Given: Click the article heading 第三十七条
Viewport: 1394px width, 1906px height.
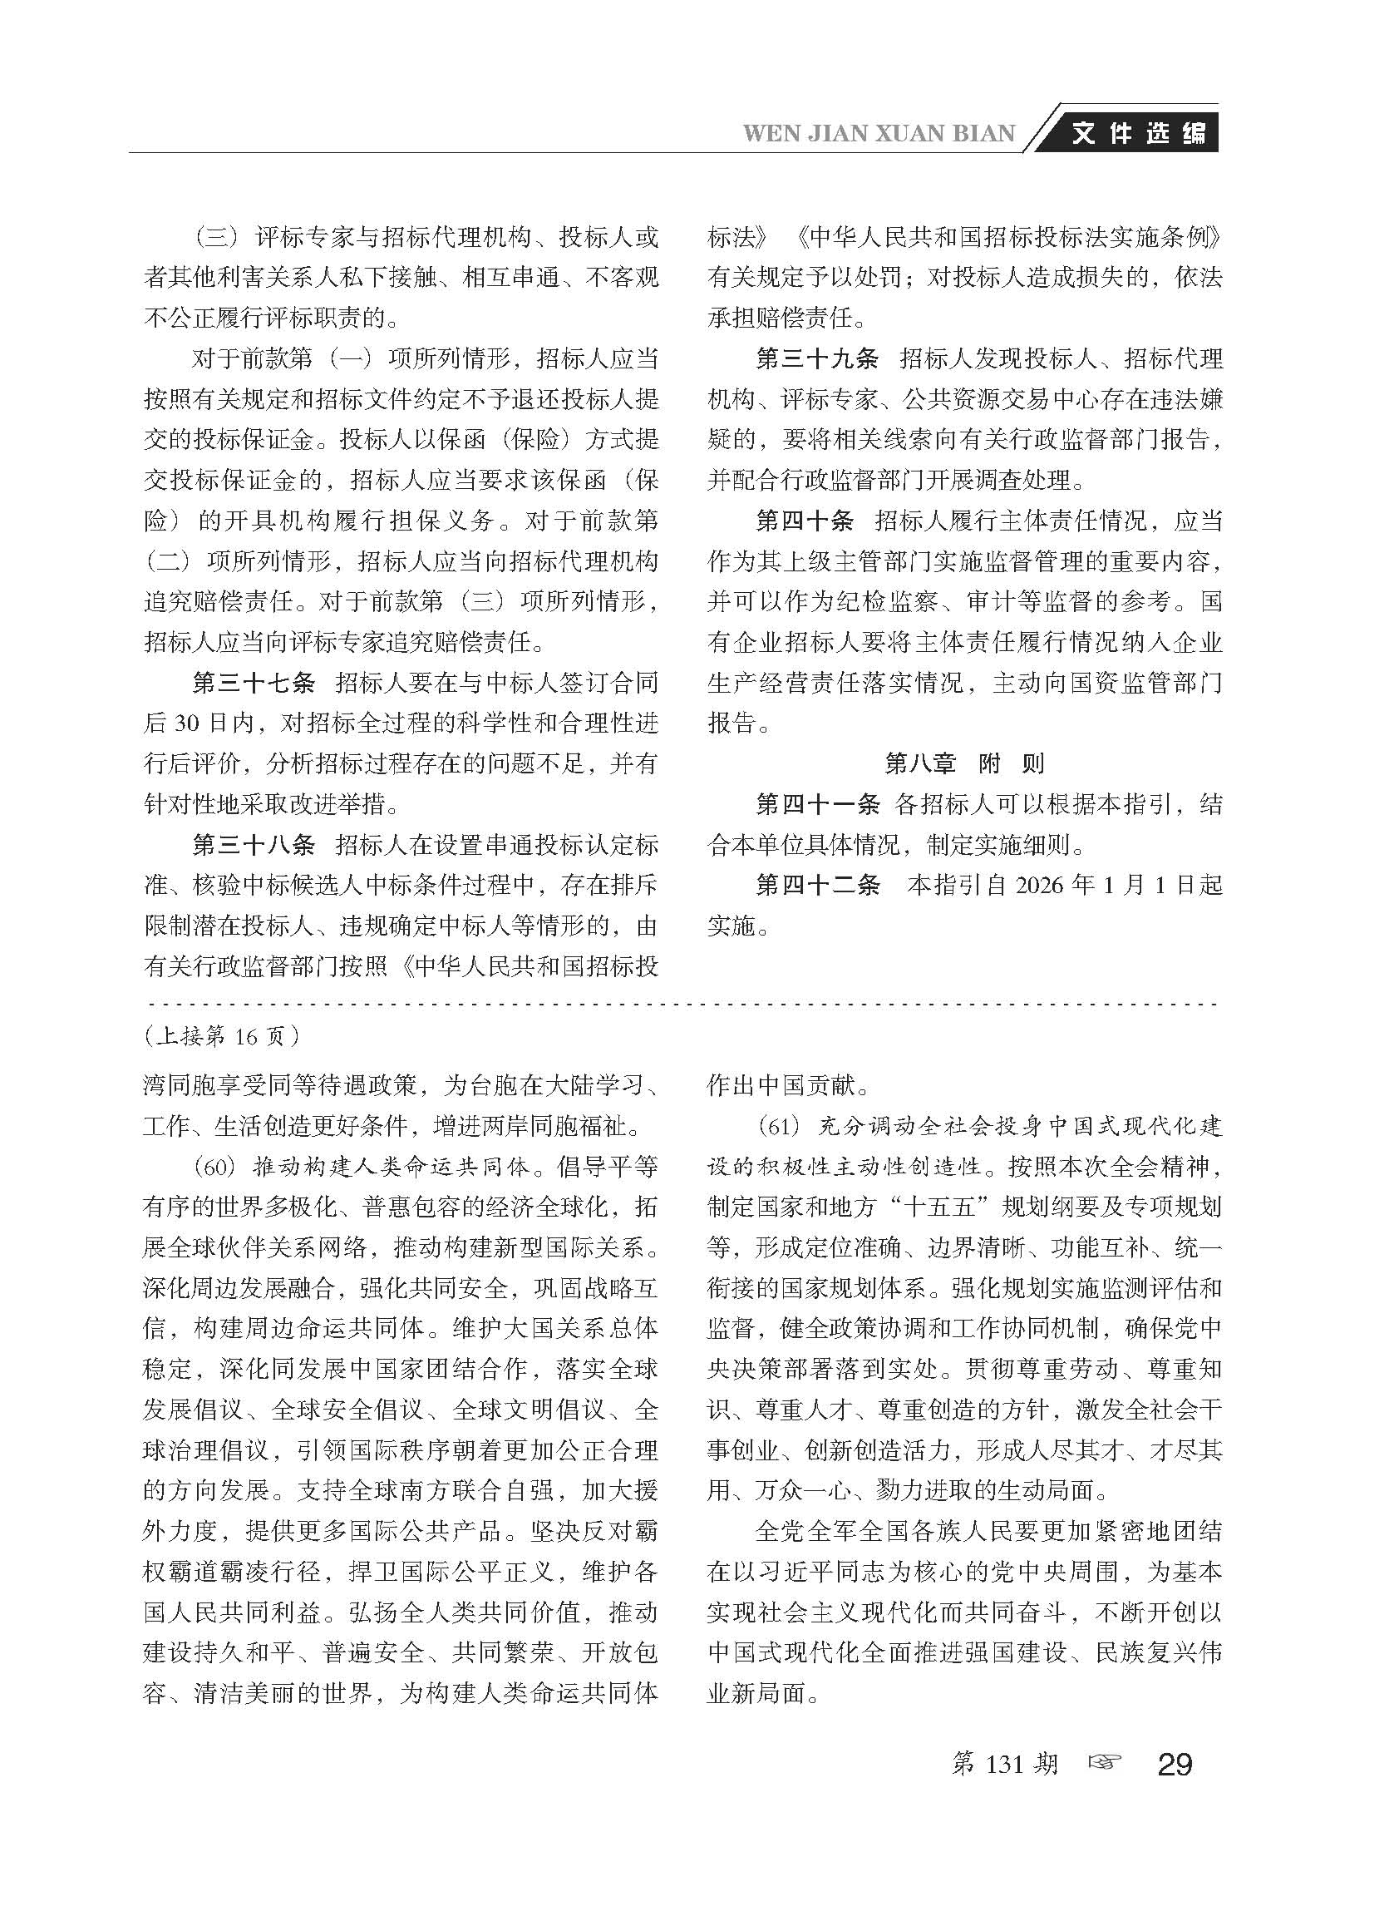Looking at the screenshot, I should click(254, 683).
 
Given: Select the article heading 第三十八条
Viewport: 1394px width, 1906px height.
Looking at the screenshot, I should click(254, 845).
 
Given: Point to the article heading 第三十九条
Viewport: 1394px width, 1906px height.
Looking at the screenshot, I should click(816, 358).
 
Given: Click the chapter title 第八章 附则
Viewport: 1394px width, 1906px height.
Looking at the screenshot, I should click(963, 764).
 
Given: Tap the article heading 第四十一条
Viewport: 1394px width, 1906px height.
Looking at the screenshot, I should click(816, 804).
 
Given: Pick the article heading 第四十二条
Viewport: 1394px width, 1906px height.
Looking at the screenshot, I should click(816, 886).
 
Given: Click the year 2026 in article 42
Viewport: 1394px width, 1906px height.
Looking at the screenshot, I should click(1043, 886).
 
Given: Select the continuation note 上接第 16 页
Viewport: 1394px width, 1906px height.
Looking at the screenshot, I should click(222, 1035).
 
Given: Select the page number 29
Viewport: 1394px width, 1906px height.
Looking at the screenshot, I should click(1175, 1764).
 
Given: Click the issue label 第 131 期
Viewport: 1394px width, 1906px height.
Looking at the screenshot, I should click(1004, 1763).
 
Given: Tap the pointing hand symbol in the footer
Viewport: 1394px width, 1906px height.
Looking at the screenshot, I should click(1106, 1762).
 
